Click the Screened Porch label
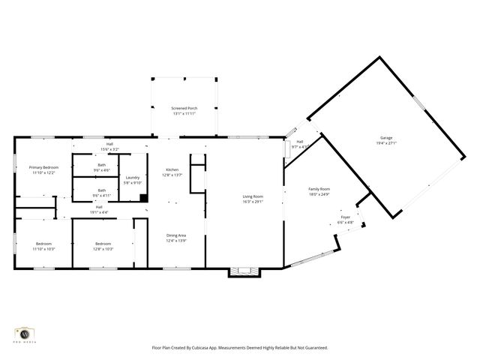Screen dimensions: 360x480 [184, 109]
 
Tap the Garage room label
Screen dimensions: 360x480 [386, 138]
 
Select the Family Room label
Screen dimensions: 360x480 [319, 189]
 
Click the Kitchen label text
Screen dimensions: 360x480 [172, 170]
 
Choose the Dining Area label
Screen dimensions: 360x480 [176, 235]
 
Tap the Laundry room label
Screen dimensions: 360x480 [132, 178]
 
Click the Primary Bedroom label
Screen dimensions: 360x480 [43, 167]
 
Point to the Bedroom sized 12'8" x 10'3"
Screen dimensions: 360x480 [103, 244]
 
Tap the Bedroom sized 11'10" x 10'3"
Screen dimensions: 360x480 [43, 244]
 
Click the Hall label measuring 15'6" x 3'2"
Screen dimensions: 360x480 [109, 144]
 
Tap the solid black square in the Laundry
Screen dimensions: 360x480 [143, 198]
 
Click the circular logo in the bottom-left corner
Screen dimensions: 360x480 [25, 332]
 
